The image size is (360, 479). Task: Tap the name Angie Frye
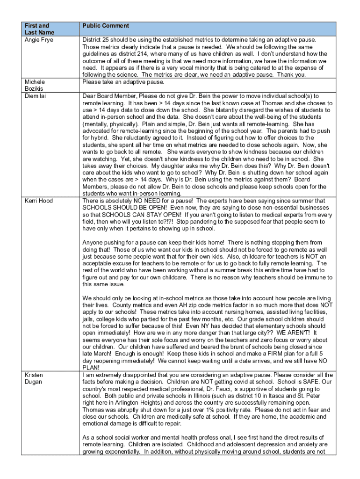point(39,40)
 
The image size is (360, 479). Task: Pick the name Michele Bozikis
point(36,85)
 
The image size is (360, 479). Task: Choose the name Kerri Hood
point(39,201)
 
